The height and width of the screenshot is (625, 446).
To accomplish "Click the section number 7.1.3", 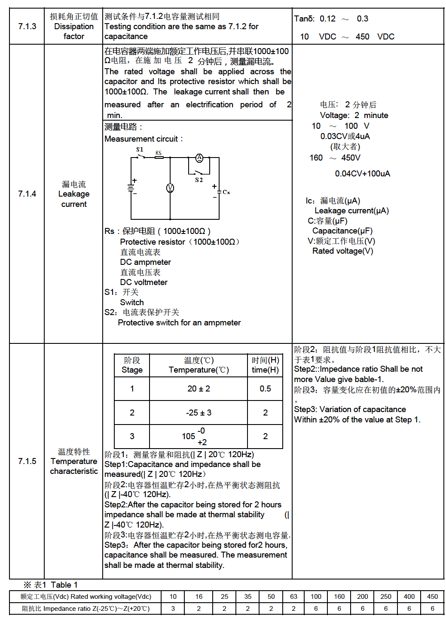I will (x=27, y=26).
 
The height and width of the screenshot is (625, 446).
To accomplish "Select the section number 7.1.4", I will (x=27, y=194).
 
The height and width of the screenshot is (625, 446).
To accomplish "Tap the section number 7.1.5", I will (x=27, y=461).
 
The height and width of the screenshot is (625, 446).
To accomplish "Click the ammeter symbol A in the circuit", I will (x=199, y=158).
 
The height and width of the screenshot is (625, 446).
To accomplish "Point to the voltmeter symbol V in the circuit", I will (x=170, y=188).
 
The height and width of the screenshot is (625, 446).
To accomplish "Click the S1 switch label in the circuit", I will (x=140, y=149).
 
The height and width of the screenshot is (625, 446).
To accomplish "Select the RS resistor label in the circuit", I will (x=159, y=153).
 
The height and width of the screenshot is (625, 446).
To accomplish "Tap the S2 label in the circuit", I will (x=199, y=180).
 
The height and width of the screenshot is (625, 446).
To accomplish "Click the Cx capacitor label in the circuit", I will (x=226, y=192).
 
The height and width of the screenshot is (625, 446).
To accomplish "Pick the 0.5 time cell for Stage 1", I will (x=265, y=388).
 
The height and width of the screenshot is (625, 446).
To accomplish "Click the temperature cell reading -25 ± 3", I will (x=199, y=413).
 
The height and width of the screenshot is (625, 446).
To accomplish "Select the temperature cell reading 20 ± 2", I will (x=199, y=388).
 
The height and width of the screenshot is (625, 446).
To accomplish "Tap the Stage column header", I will (x=132, y=365).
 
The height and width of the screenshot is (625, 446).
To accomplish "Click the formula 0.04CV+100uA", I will (x=363, y=173).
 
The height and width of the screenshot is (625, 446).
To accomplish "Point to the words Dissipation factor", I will (x=74, y=31).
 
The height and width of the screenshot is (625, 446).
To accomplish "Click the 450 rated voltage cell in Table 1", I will (x=432, y=597).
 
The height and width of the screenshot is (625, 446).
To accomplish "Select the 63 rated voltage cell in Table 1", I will (x=293, y=597).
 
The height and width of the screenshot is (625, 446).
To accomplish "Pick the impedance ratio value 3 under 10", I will (x=173, y=609).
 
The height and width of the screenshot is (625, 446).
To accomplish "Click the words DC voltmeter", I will (x=144, y=282).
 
